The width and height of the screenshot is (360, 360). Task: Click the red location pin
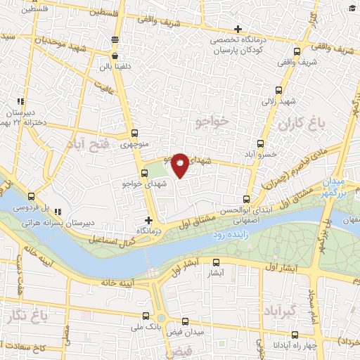click(x=180, y=165)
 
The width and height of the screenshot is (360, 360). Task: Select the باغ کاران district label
click(x=303, y=125)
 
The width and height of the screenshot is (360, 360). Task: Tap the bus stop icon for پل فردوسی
click(x=31, y=198)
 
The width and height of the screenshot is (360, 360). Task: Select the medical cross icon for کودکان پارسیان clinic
click(x=238, y=30)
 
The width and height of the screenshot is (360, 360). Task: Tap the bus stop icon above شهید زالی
click(x=279, y=90)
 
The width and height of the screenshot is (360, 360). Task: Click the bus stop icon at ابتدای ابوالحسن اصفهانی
click(x=246, y=198)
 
